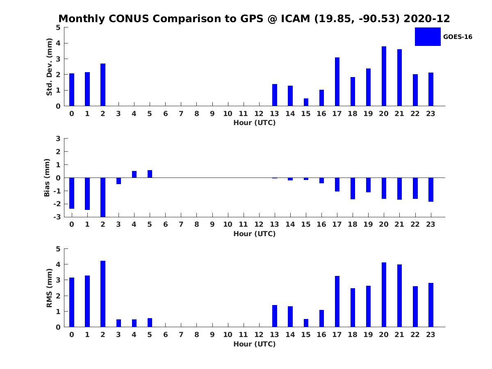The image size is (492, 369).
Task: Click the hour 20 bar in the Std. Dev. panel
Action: [x=384, y=76]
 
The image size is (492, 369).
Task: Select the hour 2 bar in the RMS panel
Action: [x=103, y=294]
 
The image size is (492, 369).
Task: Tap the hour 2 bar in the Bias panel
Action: [x=103, y=197]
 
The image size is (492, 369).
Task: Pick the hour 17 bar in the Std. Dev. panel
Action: [x=337, y=82]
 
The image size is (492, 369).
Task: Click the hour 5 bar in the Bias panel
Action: [x=150, y=174]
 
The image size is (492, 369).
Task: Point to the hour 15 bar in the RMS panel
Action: [x=306, y=323]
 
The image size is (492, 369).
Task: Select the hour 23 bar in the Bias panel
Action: [x=431, y=189]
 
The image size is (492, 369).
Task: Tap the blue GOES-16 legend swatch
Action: [x=428, y=36]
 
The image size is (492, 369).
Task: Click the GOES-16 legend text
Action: [x=458, y=37]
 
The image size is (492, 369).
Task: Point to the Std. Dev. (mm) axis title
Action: [x=49, y=67]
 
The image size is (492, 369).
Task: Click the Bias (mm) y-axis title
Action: [x=47, y=178]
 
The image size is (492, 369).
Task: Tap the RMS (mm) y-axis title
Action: [x=49, y=288]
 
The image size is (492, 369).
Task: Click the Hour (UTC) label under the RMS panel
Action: [x=254, y=344]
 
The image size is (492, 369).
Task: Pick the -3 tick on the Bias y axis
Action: [x=58, y=217]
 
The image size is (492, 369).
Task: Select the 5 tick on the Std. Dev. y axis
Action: [x=59, y=27]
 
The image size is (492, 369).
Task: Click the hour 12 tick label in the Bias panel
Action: [x=259, y=224]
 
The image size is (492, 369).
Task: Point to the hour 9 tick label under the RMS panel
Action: [x=212, y=335]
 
